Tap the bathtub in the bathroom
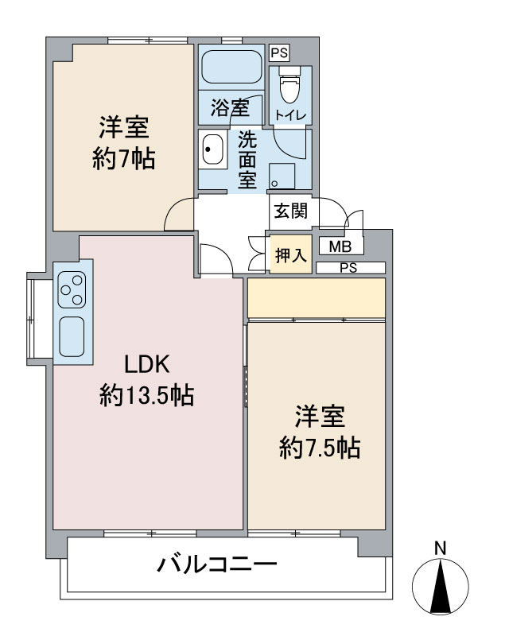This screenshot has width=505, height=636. pos(231,68)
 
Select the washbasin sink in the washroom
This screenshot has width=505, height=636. pos(212,149)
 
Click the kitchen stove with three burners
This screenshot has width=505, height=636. pos(72,289)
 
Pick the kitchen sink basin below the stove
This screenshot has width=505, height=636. pos(72,336)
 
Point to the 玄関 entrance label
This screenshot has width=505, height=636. pos(290,211)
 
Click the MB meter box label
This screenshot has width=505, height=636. pos(340,246)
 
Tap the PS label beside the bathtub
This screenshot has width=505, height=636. pos(279,52)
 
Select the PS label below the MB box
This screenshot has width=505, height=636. pos(348,268)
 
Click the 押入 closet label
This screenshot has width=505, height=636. pos(291,255)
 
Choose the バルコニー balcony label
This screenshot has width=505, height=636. pos(216,564)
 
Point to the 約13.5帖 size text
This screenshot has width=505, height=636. pos(147,394)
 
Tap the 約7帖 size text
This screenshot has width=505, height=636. pos(124,158)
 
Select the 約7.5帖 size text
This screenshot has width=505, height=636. pos(320,448)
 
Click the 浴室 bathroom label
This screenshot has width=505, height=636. pos(230,108)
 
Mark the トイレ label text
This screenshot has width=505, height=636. pos(290,115)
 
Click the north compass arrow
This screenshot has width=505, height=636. pos(441,585)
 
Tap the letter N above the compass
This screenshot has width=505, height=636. pos(440,549)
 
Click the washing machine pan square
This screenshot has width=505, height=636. pos(282,176)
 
